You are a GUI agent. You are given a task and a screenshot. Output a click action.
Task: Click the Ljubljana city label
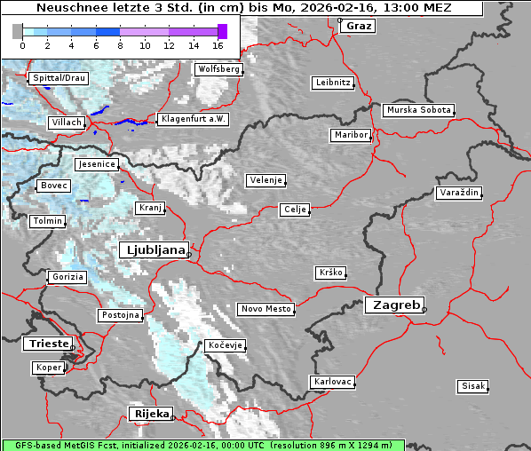(153, 249)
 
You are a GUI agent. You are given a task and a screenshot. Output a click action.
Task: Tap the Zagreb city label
(393, 305)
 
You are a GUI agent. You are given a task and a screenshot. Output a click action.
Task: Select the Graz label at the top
(359, 26)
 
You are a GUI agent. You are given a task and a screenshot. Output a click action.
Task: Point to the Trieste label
(46, 343)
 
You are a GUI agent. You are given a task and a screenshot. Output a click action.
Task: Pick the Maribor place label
(350, 135)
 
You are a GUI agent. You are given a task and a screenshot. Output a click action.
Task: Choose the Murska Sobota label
(418, 111)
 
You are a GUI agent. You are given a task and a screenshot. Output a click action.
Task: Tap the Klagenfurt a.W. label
(193, 119)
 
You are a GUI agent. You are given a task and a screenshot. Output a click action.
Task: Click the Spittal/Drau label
(59, 78)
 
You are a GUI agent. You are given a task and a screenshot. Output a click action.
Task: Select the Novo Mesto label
(265, 309)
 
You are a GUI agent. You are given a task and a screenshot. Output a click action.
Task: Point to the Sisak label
(472, 386)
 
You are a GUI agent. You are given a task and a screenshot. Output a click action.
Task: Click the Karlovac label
(333, 382)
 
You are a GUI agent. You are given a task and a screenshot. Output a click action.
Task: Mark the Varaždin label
(459, 193)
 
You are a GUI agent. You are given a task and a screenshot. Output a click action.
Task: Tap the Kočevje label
(225, 344)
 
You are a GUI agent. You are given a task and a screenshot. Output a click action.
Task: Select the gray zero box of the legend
(18, 32)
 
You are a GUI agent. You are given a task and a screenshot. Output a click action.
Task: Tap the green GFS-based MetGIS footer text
(202, 445)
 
